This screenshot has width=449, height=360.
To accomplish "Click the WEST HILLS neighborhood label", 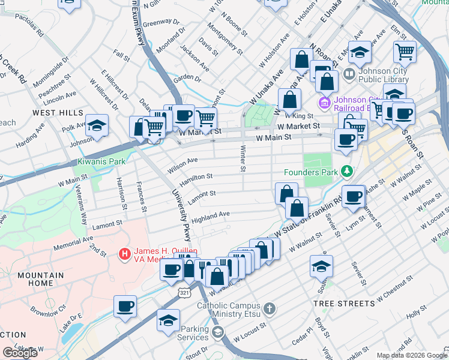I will point(58,113).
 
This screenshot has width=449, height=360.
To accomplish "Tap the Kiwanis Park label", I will point(101,162).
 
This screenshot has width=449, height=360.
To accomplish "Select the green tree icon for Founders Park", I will point(346,172).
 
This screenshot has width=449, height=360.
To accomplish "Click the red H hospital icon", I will point(125,254).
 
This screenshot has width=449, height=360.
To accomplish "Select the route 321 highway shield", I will point(184,291).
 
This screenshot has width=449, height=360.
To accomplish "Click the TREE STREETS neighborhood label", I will point(344,304).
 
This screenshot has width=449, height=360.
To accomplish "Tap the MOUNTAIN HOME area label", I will point(40,279).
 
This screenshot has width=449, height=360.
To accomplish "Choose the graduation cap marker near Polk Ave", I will point(97,126).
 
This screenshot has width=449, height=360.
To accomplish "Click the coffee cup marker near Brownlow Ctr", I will point(125,307).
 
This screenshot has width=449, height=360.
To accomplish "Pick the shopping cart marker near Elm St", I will point(405,52).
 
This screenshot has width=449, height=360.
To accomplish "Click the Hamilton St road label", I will point(193,177).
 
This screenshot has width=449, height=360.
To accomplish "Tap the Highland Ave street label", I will point(211,214).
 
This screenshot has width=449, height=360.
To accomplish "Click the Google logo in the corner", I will point(20,353).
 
